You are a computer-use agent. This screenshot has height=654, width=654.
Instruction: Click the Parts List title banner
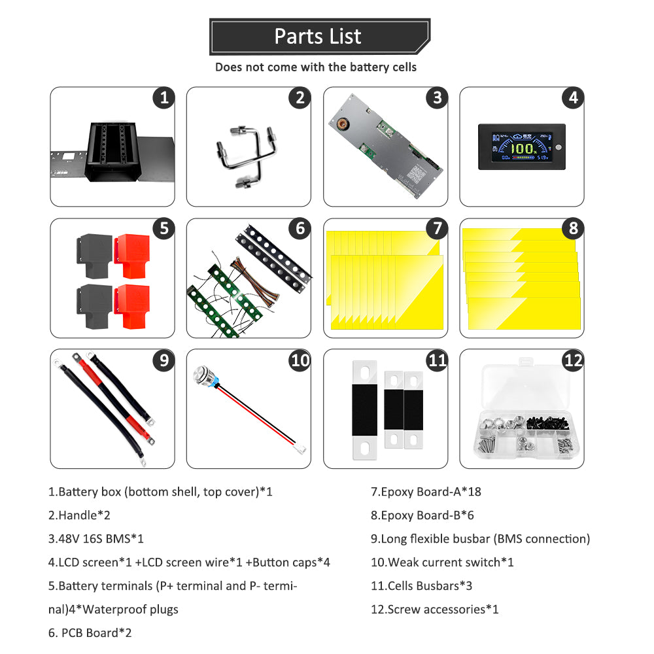coord(318,37)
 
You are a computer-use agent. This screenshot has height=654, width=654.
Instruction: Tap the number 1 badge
coord(163,98)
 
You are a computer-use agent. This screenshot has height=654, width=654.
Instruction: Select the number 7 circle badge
coord(436,229)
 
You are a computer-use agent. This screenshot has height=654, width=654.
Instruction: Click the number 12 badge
coord(572,360)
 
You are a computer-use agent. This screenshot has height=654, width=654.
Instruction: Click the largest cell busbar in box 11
coord(365,409)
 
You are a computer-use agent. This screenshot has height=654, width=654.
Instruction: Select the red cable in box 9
coord(111,399)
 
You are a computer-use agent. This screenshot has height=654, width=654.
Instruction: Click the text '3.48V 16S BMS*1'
coord(95,539)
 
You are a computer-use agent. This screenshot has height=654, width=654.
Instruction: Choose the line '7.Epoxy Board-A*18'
coord(426,492)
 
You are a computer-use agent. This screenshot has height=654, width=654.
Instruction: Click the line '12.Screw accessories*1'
coord(434,610)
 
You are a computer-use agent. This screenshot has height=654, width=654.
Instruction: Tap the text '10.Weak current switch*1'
coord(442,562)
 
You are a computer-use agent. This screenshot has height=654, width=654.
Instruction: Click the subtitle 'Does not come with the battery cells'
coord(316,67)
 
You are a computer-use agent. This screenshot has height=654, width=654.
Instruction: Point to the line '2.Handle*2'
coord(79,515)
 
